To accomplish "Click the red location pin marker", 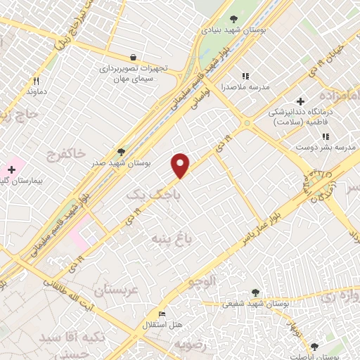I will point(181,165).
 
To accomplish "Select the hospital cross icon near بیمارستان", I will point(11,169).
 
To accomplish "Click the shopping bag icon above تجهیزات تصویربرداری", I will point(134,57).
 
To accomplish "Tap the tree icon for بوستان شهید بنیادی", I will point(233,19).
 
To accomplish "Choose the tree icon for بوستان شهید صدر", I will point(121,151).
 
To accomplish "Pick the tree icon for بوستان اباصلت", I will point(314,346).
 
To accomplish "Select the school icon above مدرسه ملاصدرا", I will point(245,76).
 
